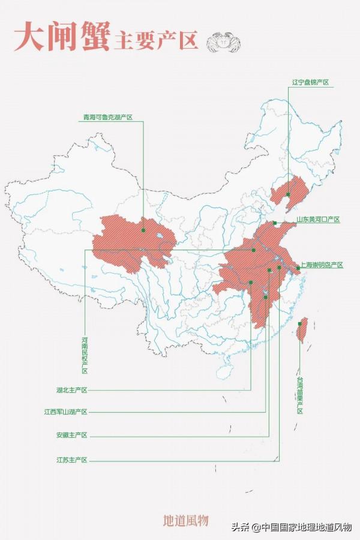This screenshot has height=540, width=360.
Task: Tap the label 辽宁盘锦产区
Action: (x=310, y=82)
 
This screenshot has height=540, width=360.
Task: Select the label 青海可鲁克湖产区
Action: (x=107, y=118)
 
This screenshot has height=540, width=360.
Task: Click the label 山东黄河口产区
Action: (x=318, y=220)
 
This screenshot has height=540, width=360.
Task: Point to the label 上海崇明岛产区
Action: (x=322, y=265)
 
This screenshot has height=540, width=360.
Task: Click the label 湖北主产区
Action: (x=72, y=390)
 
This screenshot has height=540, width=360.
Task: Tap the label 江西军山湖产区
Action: (x=66, y=412)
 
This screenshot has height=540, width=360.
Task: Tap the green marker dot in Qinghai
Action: (x=144, y=230)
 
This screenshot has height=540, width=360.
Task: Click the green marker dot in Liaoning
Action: (x=288, y=194)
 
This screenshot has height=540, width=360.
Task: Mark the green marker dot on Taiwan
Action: (x=299, y=324)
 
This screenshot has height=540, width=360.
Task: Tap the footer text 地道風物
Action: (x=185, y=520)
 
